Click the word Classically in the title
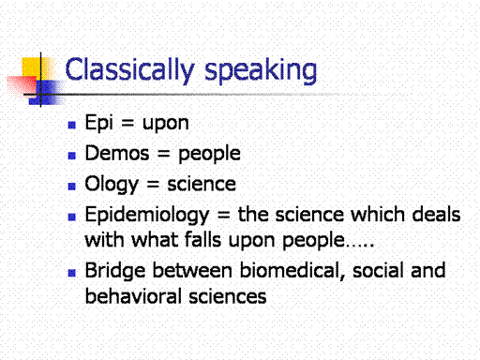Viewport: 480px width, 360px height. [129, 70]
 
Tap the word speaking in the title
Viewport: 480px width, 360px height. [261, 71]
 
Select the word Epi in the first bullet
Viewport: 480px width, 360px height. [99, 123]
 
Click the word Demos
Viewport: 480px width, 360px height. [117, 153]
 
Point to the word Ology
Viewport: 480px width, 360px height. [112, 185]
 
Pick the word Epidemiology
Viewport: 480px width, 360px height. [147, 216]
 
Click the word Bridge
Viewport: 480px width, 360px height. [115, 271]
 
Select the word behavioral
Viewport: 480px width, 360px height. [133, 296]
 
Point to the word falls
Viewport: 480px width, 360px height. [202, 240]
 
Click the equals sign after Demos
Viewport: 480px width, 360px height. [163, 154]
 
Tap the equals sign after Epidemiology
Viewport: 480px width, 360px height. [223, 215]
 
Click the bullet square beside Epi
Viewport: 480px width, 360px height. [72, 125]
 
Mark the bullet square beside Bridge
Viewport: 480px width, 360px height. [72, 273]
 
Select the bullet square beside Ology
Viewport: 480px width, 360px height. [72, 187]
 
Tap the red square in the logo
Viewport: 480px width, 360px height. [22, 85]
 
